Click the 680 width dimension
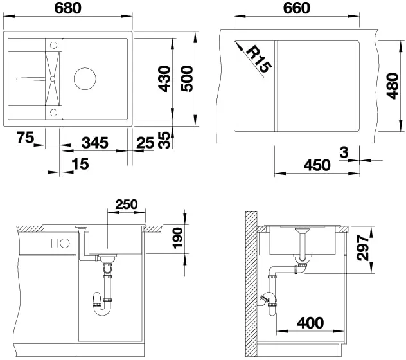coord(68,8)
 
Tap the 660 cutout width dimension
coord(297,8)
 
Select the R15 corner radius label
coord(258,59)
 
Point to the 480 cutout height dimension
coord(393,86)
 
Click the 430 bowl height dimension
coord(164,79)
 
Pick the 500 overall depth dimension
coord(187,79)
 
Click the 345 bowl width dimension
coord(95,143)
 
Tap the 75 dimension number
coord(26,138)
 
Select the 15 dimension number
coord(80,164)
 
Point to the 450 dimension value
coord(317,165)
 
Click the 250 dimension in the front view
coord(127,204)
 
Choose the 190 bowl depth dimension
coord(178,238)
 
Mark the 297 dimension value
coord(362,248)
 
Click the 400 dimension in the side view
coord(310,323)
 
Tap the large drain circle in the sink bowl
coord(85,79)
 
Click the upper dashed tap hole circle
coord(53,45)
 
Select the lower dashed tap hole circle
coord(53,113)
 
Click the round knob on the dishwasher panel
coord(64,243)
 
